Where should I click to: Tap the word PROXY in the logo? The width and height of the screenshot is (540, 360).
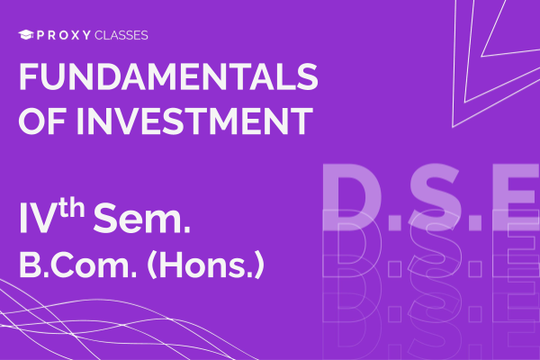62,35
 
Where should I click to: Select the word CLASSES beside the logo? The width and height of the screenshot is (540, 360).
121,35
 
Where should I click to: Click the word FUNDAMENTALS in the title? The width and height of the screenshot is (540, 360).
168,78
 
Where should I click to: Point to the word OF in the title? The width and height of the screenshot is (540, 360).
40,120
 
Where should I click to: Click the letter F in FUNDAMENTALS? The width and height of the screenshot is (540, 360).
29,78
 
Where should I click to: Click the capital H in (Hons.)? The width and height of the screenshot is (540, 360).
168,267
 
